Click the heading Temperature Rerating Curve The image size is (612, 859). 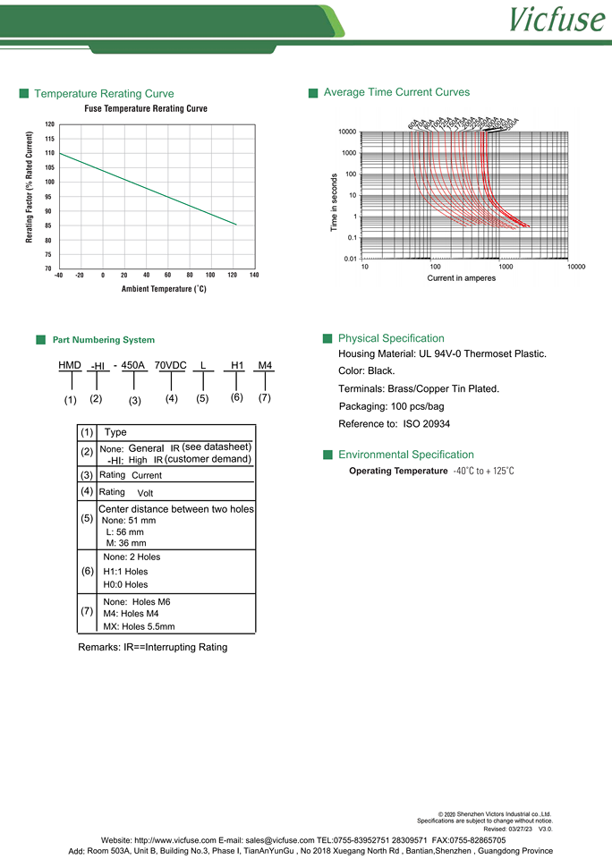click(104, 94)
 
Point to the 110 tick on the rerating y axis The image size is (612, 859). click(49, 153)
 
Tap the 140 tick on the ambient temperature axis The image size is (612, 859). click(254, 275)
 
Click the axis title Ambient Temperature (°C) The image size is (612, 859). click(164, 289)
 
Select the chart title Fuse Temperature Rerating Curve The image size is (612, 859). click(146, 108)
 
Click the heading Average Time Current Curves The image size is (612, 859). click(396, 92)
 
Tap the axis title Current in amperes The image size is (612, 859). click(461, 278)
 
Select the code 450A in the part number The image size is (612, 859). click(133, 366)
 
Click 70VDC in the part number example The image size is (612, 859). click(171, 366)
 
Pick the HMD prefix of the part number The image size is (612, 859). click(70, 366)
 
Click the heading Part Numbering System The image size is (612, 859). click(104, 340)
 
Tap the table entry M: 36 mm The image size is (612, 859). click(125, 543)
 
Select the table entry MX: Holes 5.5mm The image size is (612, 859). click(139, 627)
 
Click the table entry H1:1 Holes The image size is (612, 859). click(126, 571)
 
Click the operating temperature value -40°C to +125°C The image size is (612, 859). click(483, 471)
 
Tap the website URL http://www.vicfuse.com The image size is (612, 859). click(174, 840)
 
